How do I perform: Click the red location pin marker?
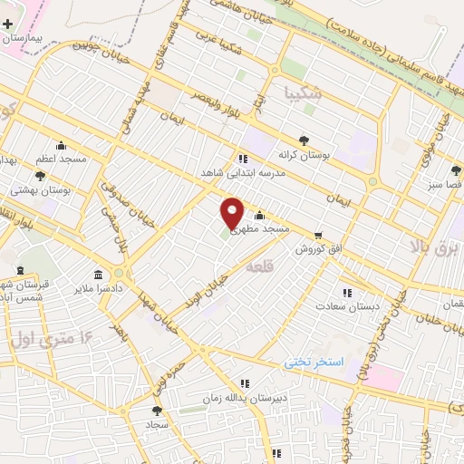[x=232, y=212]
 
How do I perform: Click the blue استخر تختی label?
[x=314, y=361]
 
